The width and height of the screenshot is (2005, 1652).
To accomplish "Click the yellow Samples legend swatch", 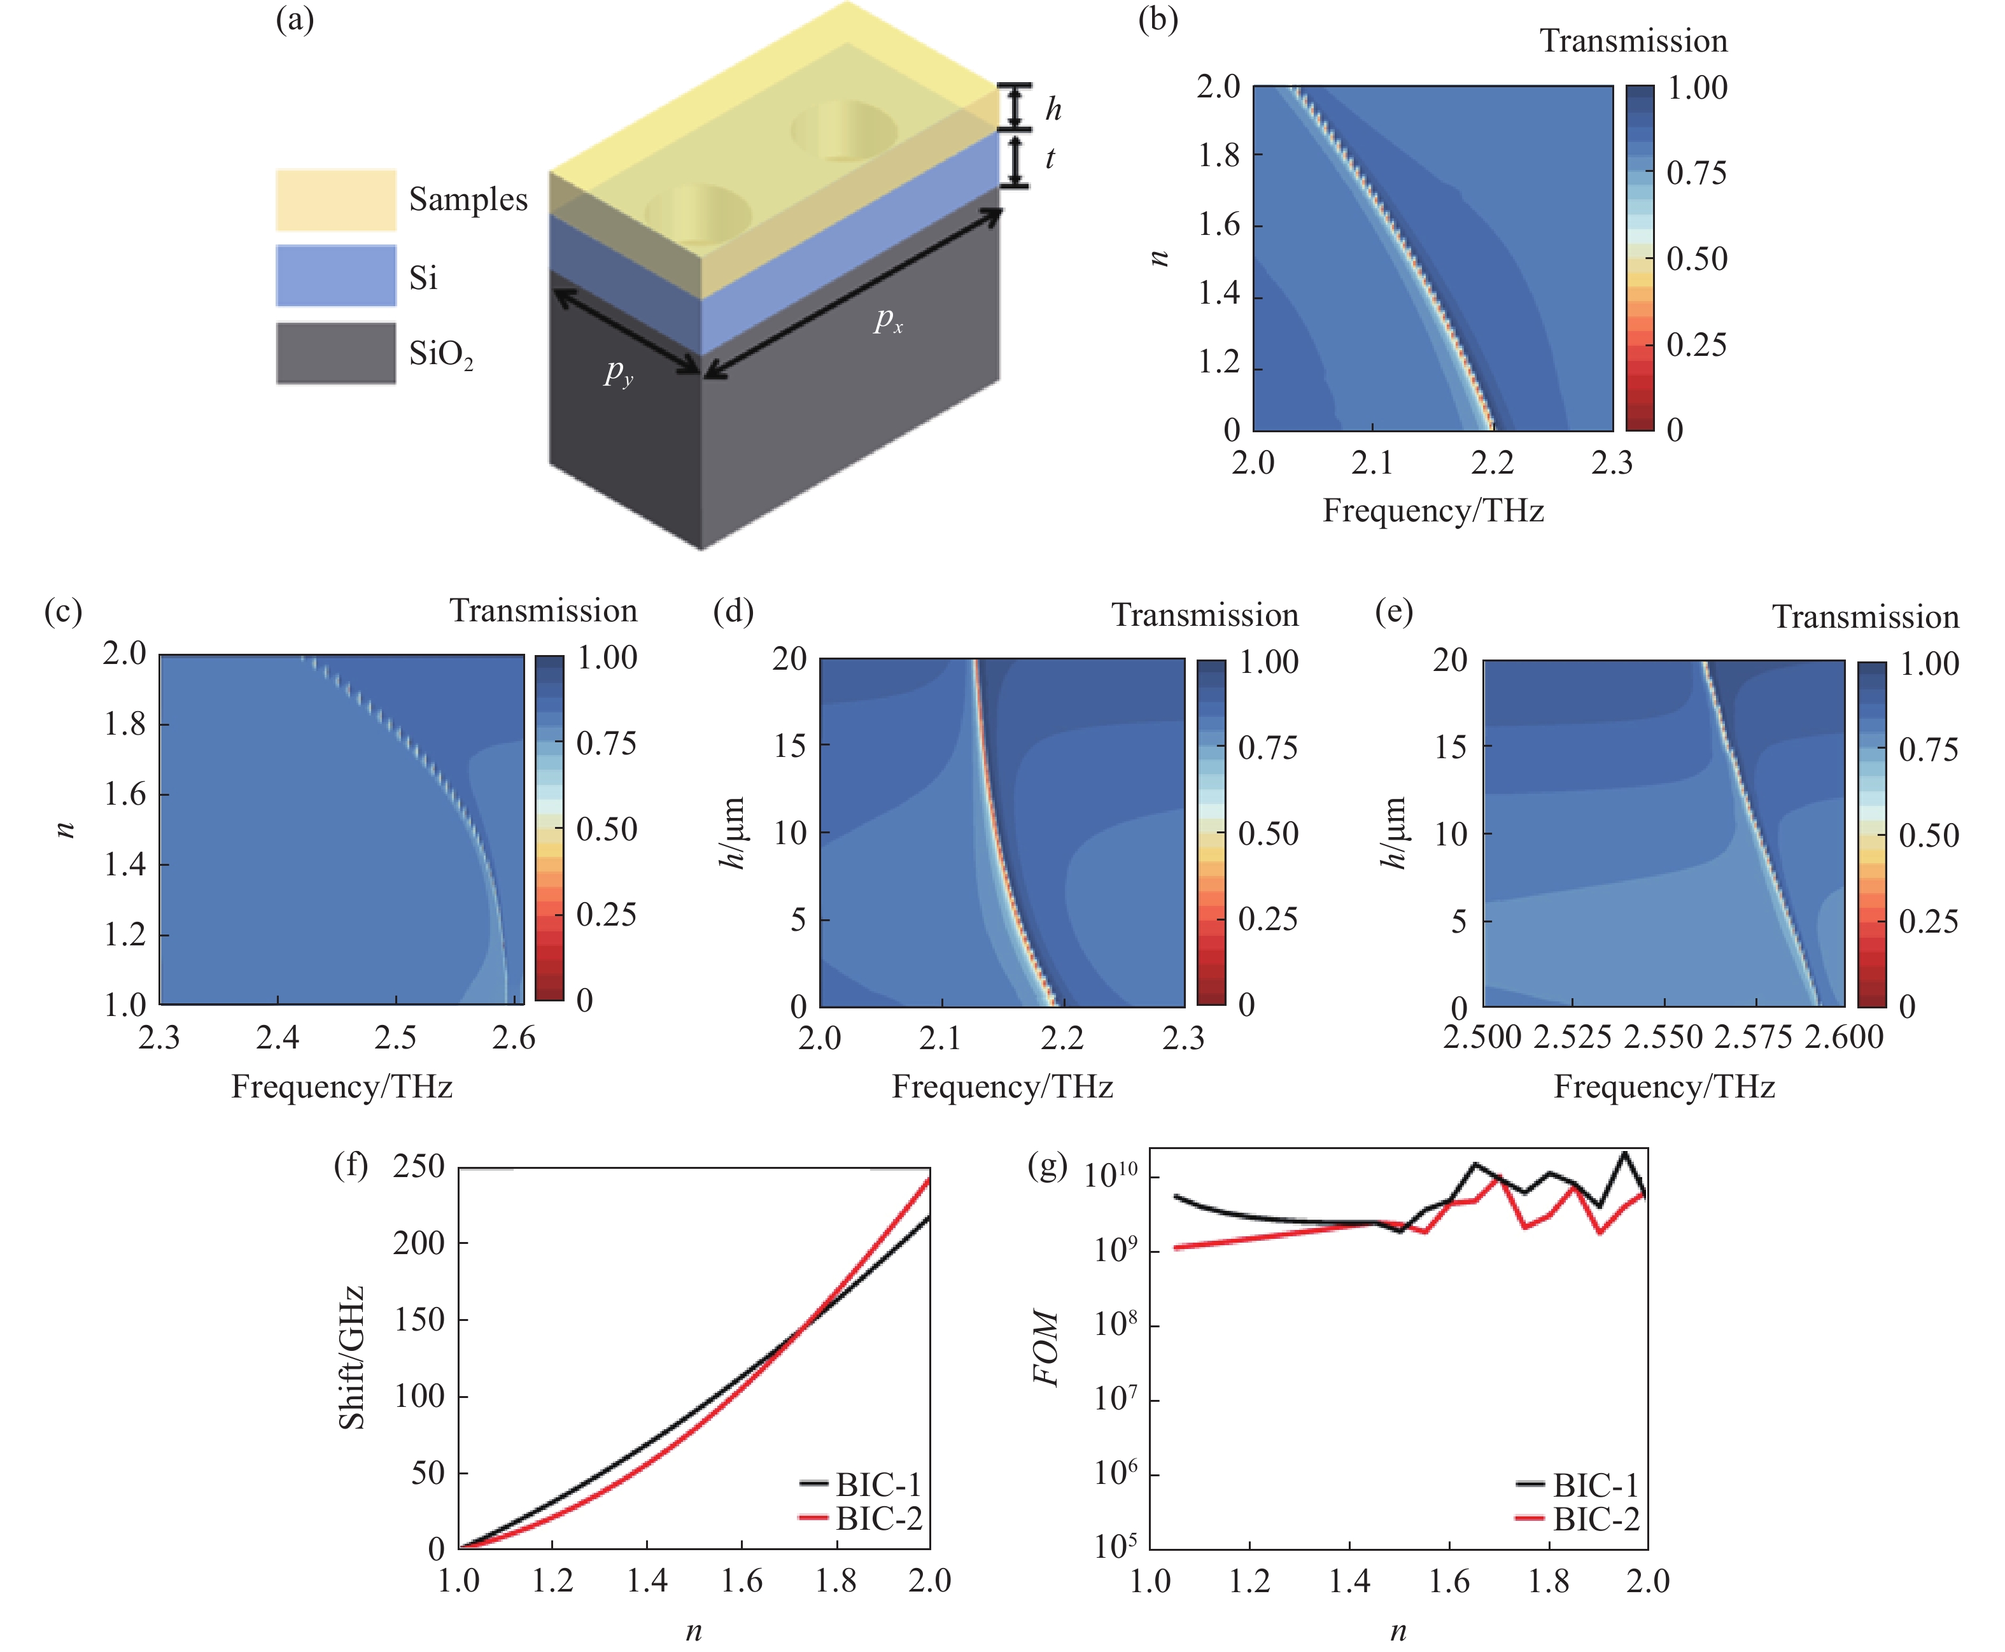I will coord(335,200).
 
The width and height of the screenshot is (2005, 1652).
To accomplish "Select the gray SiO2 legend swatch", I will coord(335,353).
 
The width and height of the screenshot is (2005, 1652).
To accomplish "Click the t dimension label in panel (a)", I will coord(1050,158).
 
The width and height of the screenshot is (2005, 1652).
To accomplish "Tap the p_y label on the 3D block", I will coord(617,372).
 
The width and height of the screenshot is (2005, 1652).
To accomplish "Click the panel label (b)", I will coord(1158,20).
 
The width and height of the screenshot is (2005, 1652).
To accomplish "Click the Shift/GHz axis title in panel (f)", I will coord(352,1358).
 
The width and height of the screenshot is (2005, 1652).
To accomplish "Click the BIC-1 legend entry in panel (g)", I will coord(1595,1485).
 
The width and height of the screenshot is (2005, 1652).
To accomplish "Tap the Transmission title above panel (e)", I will coord(1864,618).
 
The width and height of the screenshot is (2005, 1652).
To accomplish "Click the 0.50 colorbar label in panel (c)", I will coord(606,830).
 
